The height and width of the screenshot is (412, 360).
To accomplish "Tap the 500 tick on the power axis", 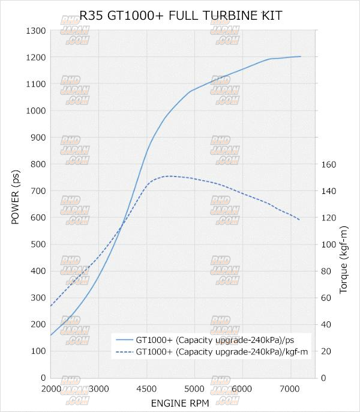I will (38, 244).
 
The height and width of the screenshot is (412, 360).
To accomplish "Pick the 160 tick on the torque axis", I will (329, 164).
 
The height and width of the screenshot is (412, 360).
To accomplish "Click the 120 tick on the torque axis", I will (329, 217).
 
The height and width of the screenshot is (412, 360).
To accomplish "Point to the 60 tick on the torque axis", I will (327, 297).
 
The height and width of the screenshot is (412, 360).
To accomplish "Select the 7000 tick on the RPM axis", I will (290, 388).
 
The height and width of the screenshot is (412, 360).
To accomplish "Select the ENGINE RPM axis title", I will (180, 402).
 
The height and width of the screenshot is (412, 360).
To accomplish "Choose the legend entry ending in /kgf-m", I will (222, 351).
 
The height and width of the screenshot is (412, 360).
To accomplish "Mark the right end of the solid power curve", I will (301, 56).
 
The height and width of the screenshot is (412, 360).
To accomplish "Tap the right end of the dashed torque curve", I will (300, 220).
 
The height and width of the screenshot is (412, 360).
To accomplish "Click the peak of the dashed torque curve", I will (169, 176).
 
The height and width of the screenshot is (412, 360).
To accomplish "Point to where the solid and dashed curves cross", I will (123, 225).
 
